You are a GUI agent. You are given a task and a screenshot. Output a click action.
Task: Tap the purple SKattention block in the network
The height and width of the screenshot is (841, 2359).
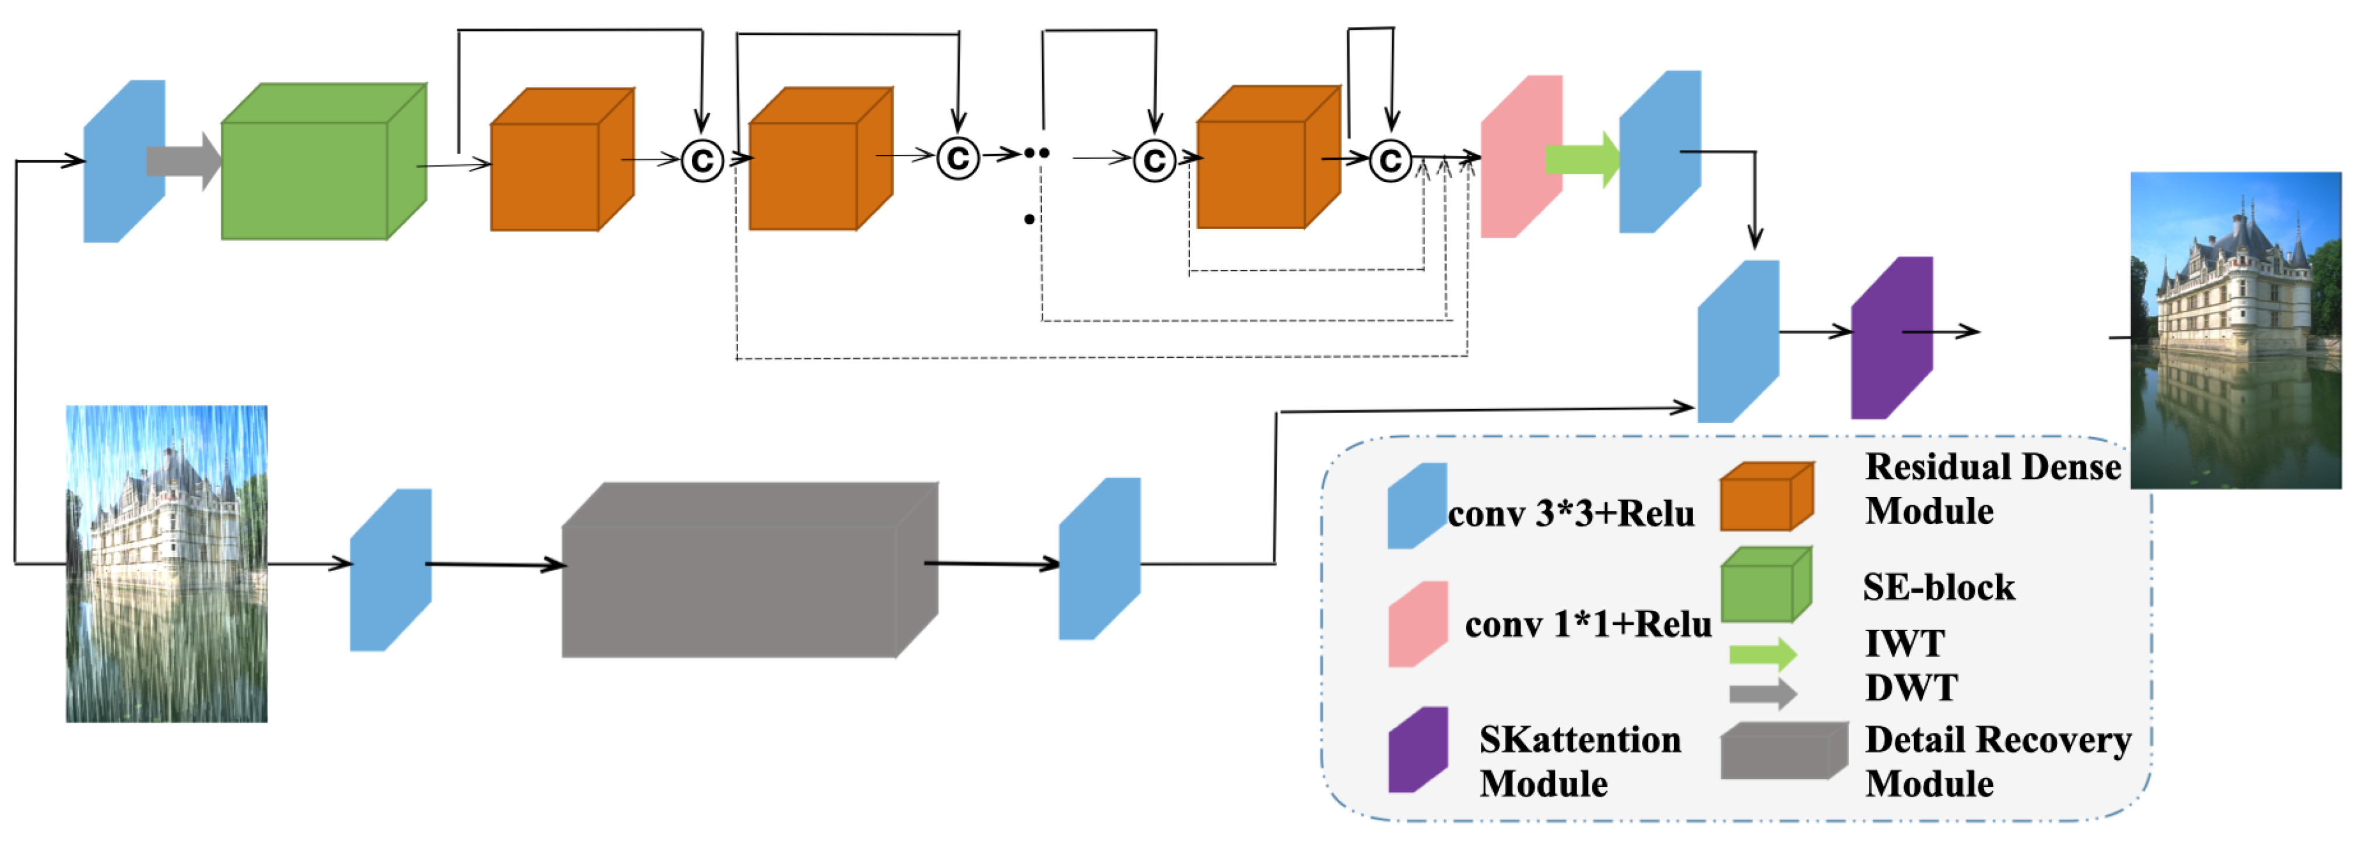[1891, 337]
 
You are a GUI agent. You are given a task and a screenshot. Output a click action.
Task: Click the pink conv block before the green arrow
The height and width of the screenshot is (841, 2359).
[1520, 157]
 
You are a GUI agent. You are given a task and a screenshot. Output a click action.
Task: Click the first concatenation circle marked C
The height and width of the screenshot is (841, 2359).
[703, 161]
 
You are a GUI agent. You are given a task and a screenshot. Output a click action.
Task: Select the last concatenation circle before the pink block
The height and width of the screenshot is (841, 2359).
[1390, 161]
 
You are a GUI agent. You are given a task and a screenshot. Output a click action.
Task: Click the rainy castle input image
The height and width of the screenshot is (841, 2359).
[167, 564]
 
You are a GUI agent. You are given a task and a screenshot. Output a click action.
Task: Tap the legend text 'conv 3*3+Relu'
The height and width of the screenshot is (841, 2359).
[1571, 514]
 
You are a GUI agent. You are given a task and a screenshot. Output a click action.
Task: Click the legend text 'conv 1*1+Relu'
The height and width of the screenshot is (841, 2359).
[1587, 624]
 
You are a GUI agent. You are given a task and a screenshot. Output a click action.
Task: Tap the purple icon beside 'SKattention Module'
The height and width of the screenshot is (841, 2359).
[1417, 749]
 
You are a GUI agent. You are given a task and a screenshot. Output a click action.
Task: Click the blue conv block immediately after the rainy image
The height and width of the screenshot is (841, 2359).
[390, 570]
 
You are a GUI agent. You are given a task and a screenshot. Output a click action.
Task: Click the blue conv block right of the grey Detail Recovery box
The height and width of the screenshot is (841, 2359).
[1099, 559]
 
